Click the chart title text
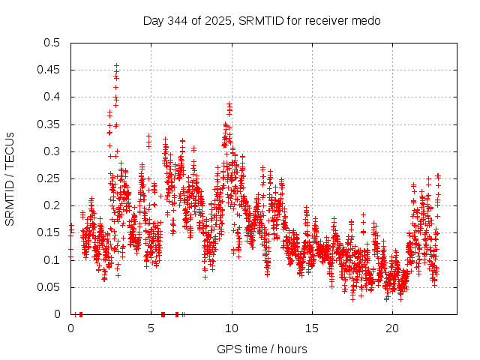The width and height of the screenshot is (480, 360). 262,21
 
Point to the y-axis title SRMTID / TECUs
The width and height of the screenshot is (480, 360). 10,178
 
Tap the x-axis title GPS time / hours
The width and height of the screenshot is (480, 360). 262,349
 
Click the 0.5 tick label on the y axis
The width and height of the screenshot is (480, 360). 52,43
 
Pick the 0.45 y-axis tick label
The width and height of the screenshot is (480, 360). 49,70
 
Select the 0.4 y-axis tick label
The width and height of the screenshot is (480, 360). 52,97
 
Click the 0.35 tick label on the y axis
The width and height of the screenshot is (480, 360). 49,124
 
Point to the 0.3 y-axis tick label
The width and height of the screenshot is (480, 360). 52,151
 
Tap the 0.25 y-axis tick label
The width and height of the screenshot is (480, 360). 49,178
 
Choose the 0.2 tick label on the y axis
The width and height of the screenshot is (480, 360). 52,205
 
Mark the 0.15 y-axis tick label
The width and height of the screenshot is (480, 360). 49,233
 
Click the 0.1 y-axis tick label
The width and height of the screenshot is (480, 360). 52,260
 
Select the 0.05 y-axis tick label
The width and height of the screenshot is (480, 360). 49,287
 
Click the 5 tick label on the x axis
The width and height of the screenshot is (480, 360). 151,328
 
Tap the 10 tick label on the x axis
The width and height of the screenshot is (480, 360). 232,328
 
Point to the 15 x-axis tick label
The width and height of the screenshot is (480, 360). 312,328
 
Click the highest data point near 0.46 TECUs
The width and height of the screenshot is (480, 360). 116,65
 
